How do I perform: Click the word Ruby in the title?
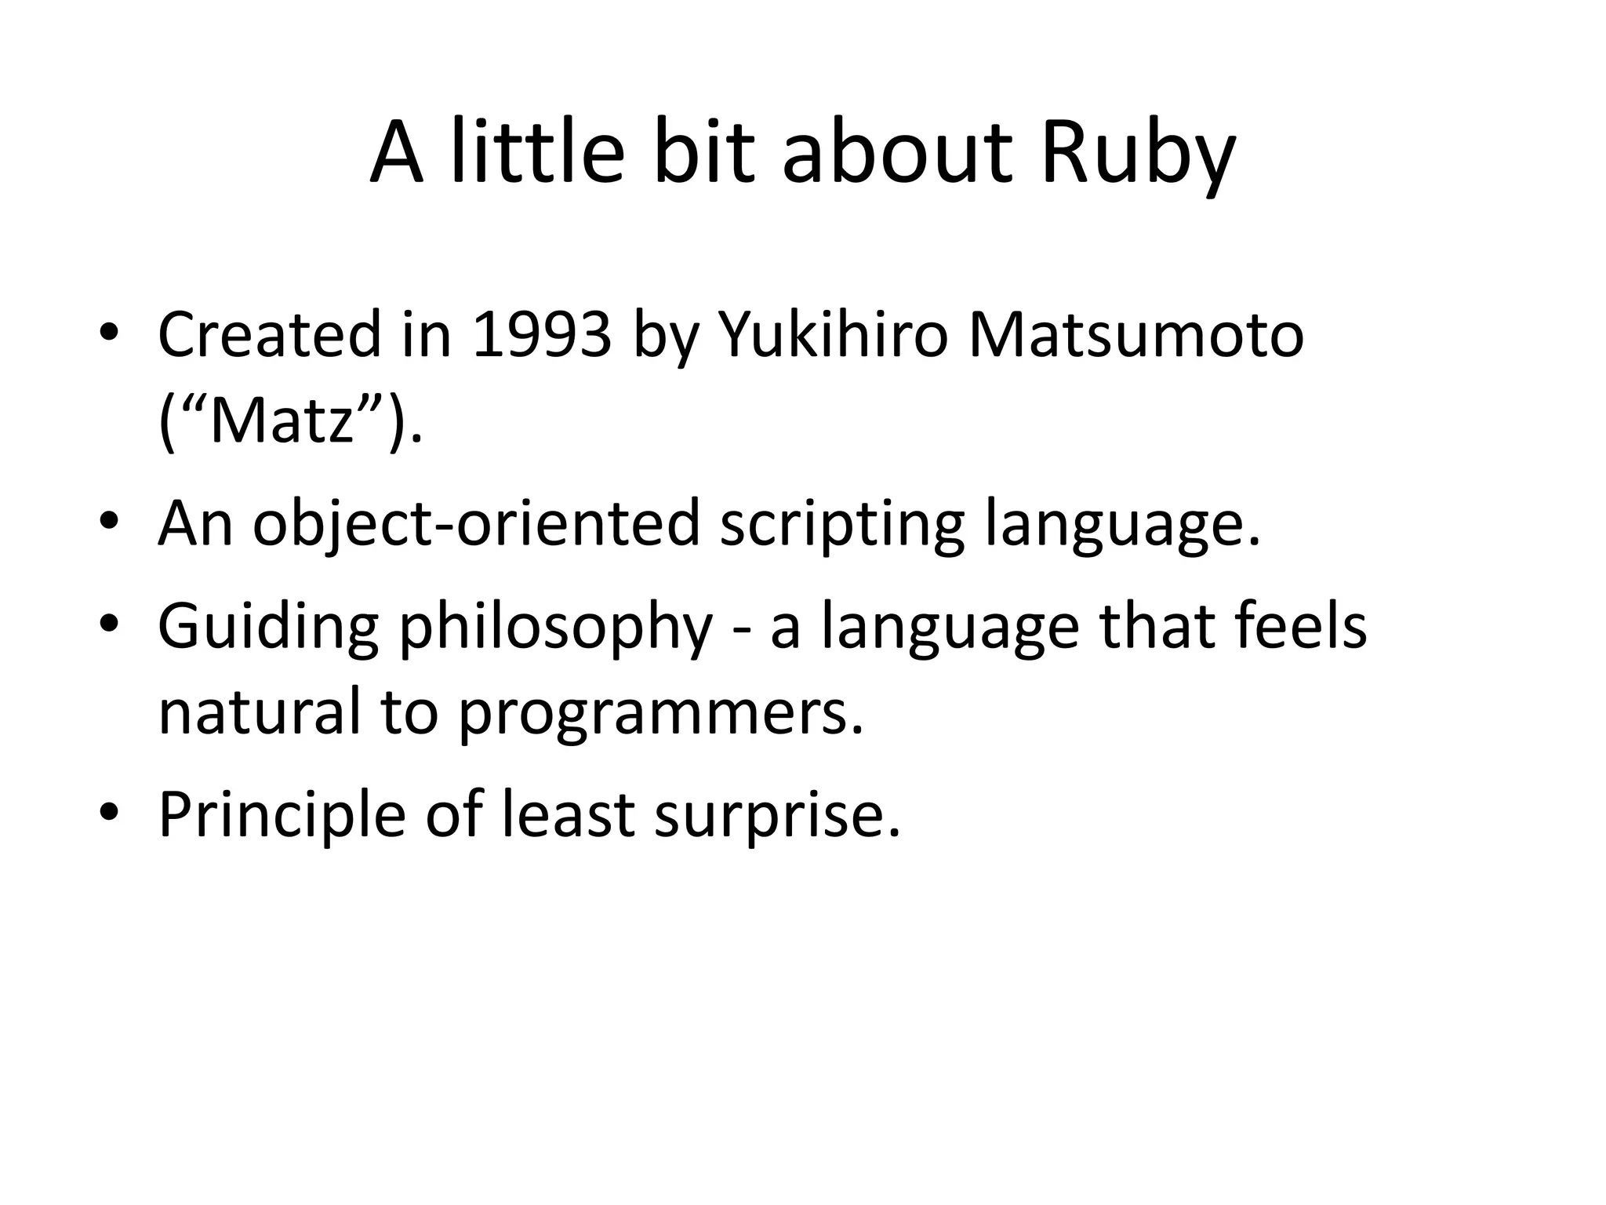click(x=1137, y=153)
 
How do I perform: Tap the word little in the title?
click(x=537, y=153)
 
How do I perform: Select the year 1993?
click(x=542, y=335)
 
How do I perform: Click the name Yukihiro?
click(x=833, y=335)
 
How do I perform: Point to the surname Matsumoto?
click(x=1135, y=335)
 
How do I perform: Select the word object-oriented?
click(x=476, y=524)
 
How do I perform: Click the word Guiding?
click(x=268, y=628)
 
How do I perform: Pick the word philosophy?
click(x=556, y=628)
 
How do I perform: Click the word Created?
click(x=269, y=335)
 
